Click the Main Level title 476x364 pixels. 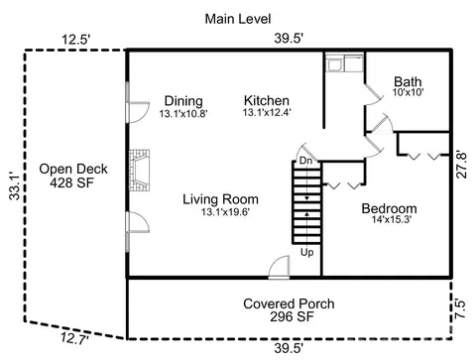[x=238, y=19]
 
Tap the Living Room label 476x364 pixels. [x=220, y=199]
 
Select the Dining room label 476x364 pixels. [x=183, y=101]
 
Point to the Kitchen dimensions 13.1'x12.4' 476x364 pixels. [x=267, y=113]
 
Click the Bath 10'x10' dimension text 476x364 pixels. [x=408, y=92]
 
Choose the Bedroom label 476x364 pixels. [x=389, y=208]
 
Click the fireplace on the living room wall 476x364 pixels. [x=139, y=171]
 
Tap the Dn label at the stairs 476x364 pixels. [x=305, y=161]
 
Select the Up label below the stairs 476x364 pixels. [x=306, y=253]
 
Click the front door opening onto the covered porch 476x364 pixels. [x=280, y=267]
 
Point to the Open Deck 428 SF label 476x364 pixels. [x=73, y=176]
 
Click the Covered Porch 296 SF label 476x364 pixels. [x=289, y=310]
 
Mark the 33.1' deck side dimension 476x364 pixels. [x=15, y=185]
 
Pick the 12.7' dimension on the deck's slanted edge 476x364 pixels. [x=74, y=339]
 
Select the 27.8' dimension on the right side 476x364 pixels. [x=461, y=165]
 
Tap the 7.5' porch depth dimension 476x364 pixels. [x=460, y=308]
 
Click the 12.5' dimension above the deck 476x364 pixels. [x=76, y=40]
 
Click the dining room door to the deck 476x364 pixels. [x=138, y=112]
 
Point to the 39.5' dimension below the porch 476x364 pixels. [x=289, y=348]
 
